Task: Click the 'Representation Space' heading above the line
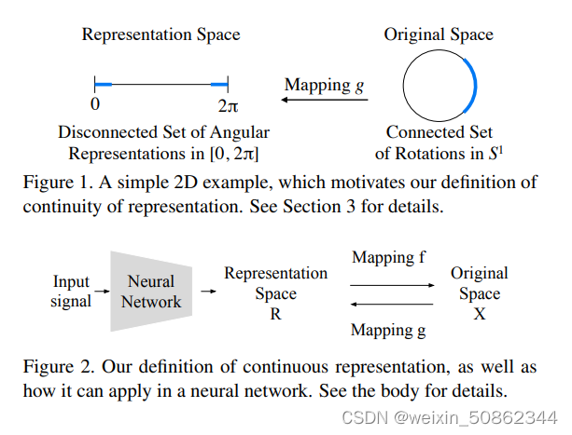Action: [x=160, y=35]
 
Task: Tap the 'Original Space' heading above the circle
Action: [x=439, y=35]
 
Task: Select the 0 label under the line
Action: [x=95, y=105]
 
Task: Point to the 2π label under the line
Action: [x=227, y=105]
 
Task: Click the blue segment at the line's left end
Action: [x=103, y=85]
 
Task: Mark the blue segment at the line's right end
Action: [x=219, y=85]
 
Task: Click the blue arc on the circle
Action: [x=473, y=84]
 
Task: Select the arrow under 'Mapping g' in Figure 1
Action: [x=326, y=101]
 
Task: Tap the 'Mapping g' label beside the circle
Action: [x=325, y=85]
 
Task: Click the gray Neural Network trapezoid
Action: [x=150, y=292]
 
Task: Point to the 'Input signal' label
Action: [x=72, y=291]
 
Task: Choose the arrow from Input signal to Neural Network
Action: [x=101, y=292]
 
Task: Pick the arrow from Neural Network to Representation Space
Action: [x=208, y=292]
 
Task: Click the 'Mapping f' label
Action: [x=384, y=257]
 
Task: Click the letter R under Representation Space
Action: [x=275, y=315]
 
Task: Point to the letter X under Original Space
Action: [x=480, y=315]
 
